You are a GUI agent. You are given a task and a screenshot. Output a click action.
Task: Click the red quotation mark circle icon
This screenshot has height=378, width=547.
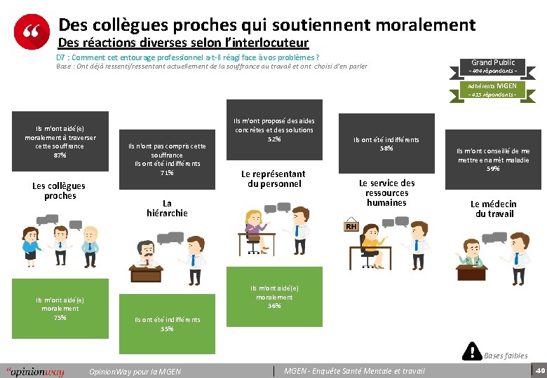coord(32,31)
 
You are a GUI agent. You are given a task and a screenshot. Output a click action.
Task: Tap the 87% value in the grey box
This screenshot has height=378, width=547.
coord(60,155)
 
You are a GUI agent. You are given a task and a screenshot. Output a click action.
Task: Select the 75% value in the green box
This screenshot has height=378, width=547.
coord(60,317)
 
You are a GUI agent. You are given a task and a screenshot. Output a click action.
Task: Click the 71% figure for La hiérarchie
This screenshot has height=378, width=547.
coord(167,173)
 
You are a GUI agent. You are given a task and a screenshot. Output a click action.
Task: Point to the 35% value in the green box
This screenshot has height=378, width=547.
coord(167,328)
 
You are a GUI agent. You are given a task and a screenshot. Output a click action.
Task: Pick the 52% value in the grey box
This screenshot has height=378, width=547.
coord(273,139)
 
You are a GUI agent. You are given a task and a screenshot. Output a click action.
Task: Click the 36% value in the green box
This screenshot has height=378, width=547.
coord(273,306)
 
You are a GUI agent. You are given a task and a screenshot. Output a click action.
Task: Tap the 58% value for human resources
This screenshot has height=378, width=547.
coord(386,148)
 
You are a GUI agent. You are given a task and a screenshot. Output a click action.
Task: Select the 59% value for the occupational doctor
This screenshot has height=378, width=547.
coord(493,169)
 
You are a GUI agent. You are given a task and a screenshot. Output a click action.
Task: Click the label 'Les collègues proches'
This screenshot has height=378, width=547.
coord(59,190)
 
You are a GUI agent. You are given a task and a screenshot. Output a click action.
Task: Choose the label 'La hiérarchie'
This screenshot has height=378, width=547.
coord(167,208)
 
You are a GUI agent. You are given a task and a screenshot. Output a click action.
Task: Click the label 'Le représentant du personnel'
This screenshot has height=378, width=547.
coord(273,178)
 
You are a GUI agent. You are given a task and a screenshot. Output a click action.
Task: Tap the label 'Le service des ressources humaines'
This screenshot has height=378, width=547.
coord(386,192)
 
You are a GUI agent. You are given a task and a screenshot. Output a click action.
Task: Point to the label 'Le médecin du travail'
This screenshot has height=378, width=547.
coord(494,209)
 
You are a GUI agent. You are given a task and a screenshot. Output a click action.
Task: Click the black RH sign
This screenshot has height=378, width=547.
coord(350,226)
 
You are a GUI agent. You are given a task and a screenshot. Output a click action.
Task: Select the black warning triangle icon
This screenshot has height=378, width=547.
coord(473,351)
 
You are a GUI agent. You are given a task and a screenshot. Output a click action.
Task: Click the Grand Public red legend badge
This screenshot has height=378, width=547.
coord(492,66)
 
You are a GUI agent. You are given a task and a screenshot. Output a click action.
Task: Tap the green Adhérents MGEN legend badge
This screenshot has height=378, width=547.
coord(492,90)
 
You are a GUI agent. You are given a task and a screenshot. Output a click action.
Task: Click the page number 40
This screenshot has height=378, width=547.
coord(539,369)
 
